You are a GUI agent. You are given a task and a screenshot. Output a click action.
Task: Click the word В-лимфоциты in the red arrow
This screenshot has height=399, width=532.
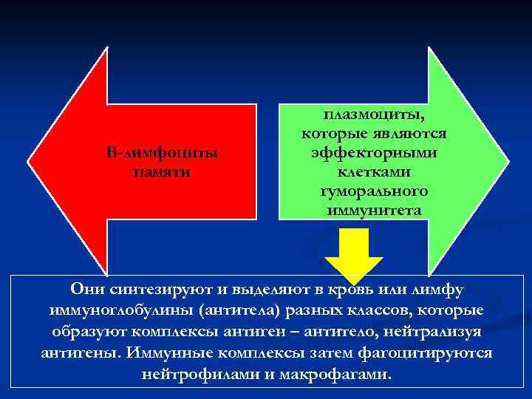click(162, 153)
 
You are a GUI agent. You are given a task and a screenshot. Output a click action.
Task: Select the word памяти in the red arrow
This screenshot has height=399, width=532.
click(162, 171)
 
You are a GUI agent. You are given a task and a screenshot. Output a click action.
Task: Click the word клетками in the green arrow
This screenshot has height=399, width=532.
click(374, 171)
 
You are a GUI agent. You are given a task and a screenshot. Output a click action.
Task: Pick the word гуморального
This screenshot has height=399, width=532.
click(374, 191)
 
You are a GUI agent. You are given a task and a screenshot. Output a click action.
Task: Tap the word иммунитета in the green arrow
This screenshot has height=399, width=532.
click(374, 210)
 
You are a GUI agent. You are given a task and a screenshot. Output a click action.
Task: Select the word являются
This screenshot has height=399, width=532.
click(410, 134)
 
